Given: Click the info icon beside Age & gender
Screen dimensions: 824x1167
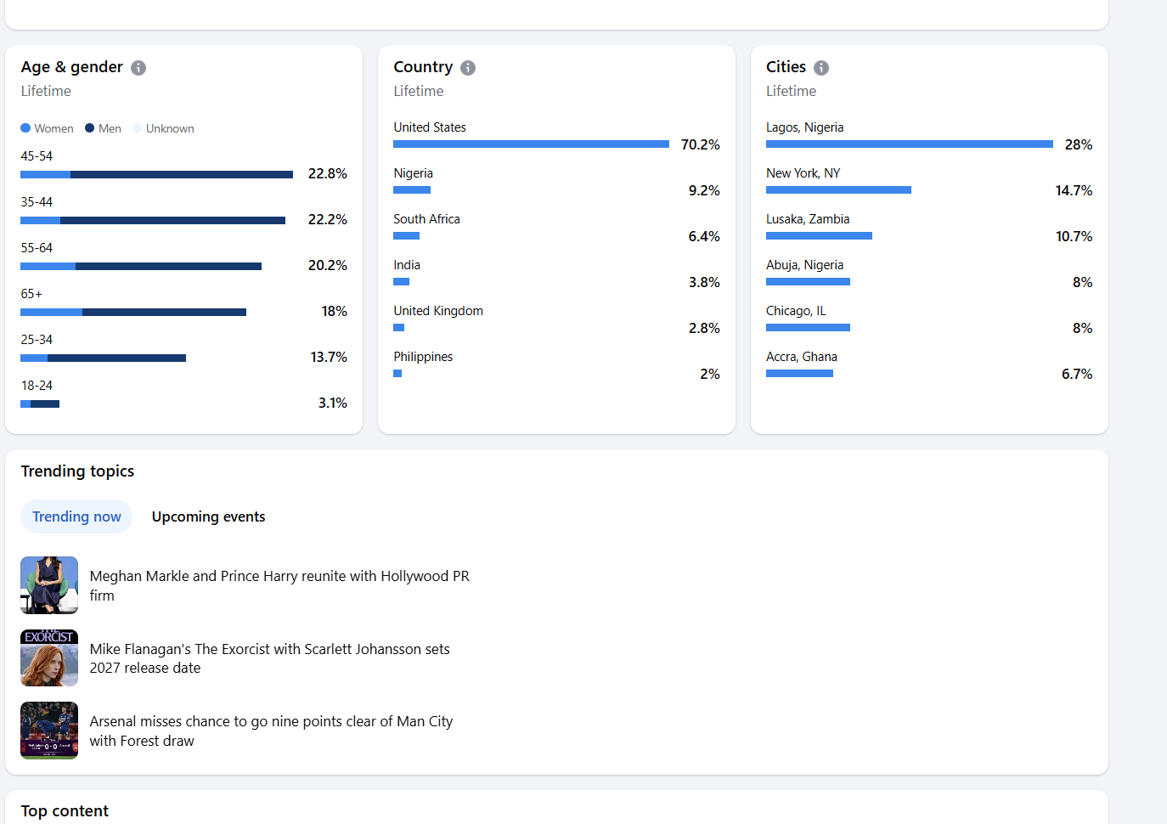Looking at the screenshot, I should coord(138,68).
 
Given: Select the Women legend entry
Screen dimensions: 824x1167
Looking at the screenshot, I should coord(47,128).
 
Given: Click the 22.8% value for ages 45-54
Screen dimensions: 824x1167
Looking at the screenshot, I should coord(327,173).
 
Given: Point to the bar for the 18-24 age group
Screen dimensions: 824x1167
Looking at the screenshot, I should coord(40,404).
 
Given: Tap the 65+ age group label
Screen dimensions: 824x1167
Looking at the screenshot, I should coord(31,294).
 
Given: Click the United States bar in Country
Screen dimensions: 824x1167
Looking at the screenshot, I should coord(531,144).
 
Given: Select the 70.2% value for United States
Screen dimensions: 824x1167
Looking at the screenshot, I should coord(700,144).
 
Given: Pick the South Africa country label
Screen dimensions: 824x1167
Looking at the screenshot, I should coord(426,219).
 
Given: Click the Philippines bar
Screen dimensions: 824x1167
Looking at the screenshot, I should coord(397,374).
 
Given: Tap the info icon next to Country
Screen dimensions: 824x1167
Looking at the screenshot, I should coord(468,68).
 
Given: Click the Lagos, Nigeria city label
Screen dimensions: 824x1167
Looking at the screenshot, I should coord(804,127).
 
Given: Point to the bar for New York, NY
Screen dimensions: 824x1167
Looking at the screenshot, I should coord(838,190).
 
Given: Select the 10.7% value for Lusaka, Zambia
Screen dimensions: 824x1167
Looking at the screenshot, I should coord(1074,236).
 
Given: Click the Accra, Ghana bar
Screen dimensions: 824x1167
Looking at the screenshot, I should coord(799,374).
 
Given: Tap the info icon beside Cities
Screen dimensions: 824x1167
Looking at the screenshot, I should coord(821,68).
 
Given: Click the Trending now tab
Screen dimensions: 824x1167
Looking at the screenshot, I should coord(76,516).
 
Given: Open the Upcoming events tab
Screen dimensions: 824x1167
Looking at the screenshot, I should coord(208,516).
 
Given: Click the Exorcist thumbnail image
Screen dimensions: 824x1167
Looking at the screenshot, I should coord(49,658).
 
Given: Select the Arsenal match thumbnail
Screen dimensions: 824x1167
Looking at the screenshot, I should coord(49,731).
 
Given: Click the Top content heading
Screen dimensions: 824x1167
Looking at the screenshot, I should coord(65,811).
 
